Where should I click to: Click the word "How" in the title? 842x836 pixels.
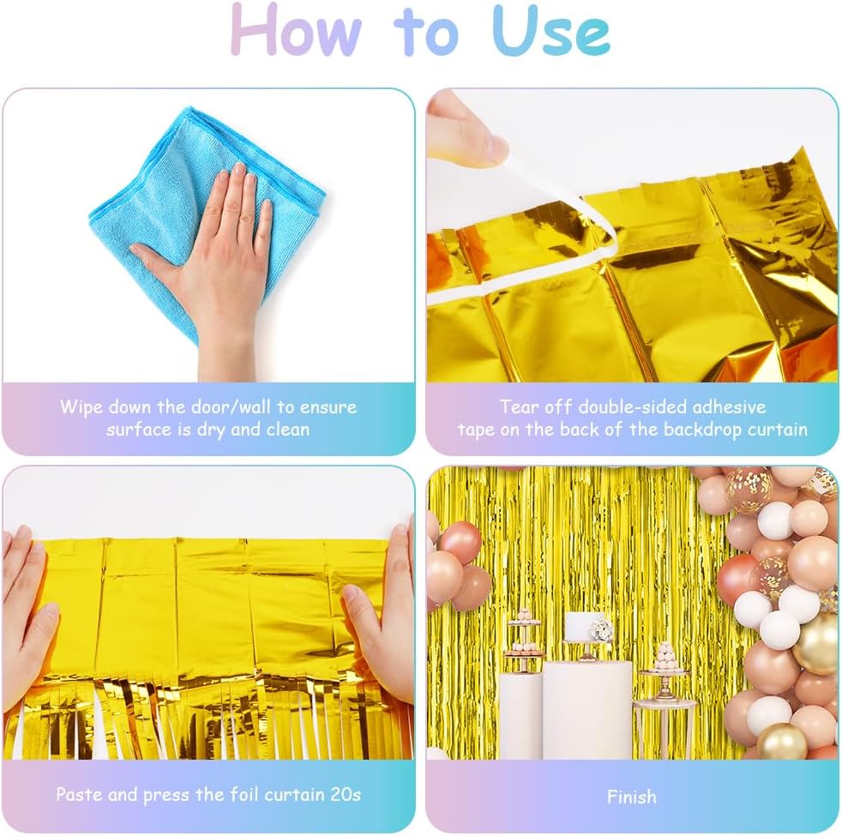[296, 31]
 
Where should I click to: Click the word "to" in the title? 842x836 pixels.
[426, 33]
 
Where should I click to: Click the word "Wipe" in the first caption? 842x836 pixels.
[81, 407]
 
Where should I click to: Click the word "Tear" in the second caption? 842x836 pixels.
[519, 406]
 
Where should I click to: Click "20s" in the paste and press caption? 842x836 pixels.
[346, 795]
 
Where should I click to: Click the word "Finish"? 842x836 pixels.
[631, 797]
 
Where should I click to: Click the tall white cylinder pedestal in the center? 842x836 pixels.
[587, 709]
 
